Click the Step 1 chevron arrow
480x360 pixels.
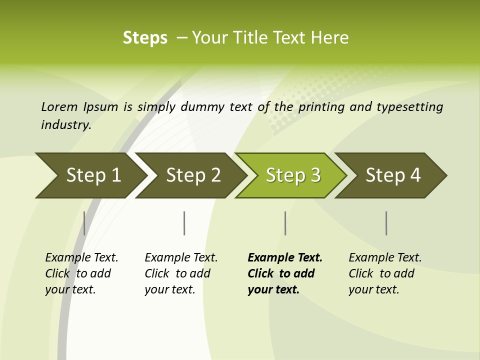pos(90,175)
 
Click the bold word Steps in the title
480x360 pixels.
pos(145,38)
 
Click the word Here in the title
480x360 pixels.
pos(329,38)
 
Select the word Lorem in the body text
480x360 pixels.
pos(59,107)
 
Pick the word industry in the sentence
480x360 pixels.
pos(66,125)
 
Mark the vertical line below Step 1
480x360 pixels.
pos(84,223)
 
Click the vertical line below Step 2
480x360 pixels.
pos(184,223)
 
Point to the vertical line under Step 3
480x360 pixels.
pos(285,223)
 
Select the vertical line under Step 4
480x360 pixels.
pos(386,223)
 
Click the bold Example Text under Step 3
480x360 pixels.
pos(285,258)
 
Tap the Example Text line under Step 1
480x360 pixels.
pos(81,258)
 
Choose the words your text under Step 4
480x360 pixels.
pos(373,289)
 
